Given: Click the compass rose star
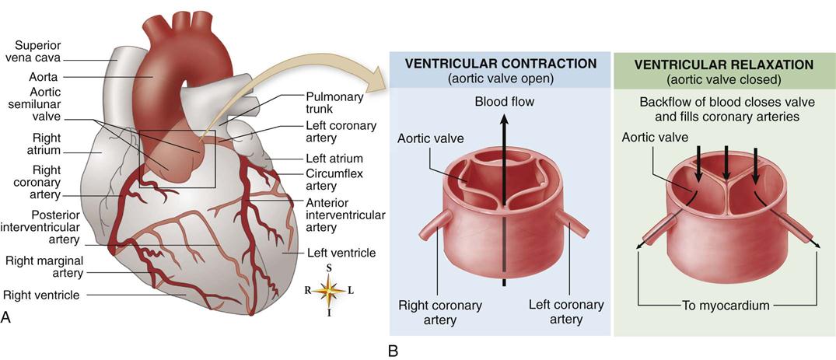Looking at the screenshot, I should (330, 291).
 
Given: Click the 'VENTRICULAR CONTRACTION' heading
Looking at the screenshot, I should (495, 64).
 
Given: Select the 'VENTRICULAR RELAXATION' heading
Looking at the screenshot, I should (723, 64).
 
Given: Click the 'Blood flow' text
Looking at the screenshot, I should (505, 102).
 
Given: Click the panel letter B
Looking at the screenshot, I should (393, 351).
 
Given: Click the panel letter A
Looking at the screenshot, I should (7, 316).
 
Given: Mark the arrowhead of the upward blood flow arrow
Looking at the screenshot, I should (505, 117).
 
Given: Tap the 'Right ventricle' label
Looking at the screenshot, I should (45, 295).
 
